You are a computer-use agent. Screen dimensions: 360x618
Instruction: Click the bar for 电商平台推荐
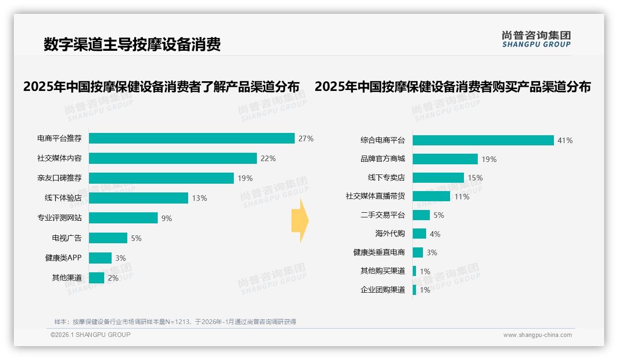tap(191, 138)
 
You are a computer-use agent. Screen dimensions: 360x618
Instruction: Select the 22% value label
tap(268, 158)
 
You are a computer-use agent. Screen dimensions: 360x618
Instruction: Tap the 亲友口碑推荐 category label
tap(59, 178)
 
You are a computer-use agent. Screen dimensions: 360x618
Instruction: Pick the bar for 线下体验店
tap(138, 198)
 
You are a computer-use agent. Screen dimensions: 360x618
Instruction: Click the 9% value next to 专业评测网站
tap(166, 218)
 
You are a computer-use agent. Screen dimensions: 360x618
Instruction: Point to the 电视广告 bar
tap(108, 238)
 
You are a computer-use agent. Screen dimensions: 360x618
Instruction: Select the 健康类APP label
tap(63, 258)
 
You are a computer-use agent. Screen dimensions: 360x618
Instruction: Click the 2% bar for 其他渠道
tap(96, 278)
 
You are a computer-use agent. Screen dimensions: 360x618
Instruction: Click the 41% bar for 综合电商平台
tap(483, 140)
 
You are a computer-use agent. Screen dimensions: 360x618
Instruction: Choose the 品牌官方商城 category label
tap(383, 159)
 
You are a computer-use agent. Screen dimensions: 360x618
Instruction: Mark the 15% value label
tap(475, 178)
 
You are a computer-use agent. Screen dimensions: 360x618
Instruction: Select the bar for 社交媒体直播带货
tap(431, 196)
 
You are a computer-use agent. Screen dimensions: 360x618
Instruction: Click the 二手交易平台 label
tap(383, 215)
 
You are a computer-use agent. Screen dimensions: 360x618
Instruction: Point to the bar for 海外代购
tap(419, 234)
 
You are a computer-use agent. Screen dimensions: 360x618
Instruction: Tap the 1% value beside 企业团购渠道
tap(425, 290)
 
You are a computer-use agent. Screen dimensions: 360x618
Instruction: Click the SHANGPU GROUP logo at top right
tap(536, 39)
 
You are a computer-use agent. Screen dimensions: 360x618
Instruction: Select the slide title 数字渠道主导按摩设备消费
tap(132, 44)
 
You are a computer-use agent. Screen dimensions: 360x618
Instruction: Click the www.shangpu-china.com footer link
tap(537, 335)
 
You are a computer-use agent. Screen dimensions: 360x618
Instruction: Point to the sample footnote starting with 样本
tap(175, 322)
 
